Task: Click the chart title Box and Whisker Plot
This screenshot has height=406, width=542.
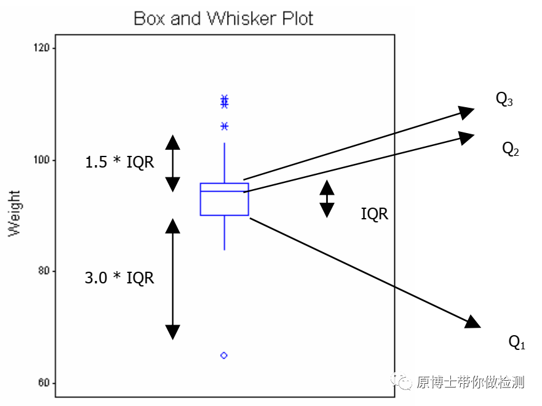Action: [223, 18]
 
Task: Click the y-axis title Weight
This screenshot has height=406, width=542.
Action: [14, 213]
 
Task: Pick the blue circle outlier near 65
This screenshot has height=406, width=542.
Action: [224, 355]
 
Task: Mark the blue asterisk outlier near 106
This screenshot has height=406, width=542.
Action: [225, 126]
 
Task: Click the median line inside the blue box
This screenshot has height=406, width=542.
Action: [224, 192]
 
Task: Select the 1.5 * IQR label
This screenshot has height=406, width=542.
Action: [119, 163]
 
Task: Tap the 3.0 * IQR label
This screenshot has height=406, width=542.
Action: [119, 278]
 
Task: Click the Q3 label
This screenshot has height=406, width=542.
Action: [504, 99]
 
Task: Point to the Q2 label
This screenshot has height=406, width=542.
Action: [511, 148]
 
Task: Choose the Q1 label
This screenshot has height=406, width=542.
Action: [517, 342]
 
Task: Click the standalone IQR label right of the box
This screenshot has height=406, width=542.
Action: [374, 214]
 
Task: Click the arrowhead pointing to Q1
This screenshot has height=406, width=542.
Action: [472, 321]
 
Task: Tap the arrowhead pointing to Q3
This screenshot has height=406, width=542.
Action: [467, 112]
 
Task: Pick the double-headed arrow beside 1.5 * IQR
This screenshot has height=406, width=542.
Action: [173, 163]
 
